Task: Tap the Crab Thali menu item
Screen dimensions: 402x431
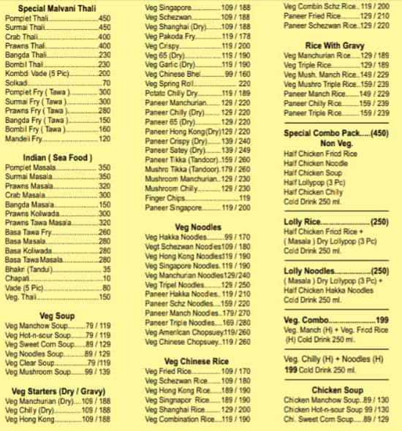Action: (21, 36)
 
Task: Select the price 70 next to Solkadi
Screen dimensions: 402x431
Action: (107, 83)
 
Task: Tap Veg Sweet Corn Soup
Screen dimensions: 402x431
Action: (37, 344)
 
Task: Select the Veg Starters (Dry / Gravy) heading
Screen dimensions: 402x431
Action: (57, 392)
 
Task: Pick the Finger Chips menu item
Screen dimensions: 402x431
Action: (164, 198)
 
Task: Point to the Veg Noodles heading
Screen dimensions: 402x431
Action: (194, 226)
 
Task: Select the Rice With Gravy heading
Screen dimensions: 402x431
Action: (337, 45)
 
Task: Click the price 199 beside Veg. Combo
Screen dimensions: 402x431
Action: (382, 320)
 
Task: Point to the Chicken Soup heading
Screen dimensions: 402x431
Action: (337, 390)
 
